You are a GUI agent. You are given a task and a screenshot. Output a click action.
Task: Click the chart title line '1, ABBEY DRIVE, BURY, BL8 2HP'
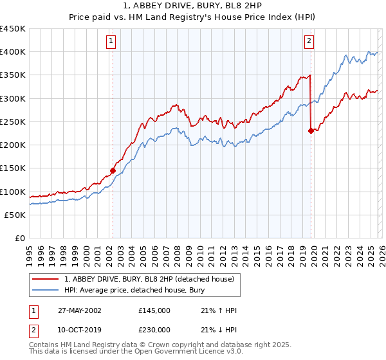point(192,6)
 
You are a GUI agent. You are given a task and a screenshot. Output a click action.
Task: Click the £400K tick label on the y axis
point(13,52)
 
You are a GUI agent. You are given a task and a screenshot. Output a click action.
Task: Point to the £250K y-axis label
point(13,122)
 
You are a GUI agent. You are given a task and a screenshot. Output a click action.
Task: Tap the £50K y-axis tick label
point(15,215)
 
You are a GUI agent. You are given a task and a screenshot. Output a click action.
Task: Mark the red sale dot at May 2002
point(113,171)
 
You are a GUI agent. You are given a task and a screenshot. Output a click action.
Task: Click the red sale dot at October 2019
point(311,130)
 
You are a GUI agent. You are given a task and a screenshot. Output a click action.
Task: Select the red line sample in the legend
point(46,279)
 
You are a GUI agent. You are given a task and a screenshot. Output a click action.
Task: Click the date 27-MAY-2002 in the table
point(79,310)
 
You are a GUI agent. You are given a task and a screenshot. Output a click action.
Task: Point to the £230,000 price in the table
point(154,329)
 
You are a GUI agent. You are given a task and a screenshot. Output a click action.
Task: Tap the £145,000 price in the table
point(154,310)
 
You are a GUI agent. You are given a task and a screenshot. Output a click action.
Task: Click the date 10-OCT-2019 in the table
point(79,329)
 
